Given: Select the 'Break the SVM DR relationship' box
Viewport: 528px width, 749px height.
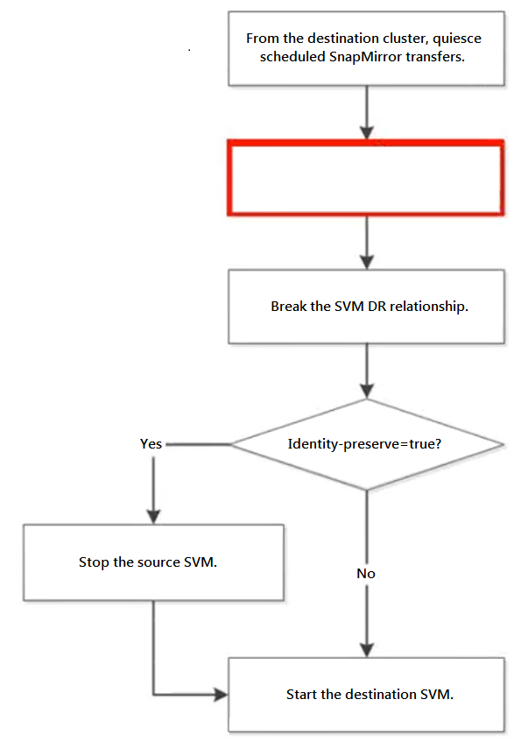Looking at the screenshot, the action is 366,307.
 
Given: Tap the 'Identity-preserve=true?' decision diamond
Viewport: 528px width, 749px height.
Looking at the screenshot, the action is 366,444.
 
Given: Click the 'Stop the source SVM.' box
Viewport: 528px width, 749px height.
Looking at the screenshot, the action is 154,562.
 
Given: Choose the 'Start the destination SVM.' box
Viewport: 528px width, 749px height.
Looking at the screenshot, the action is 366,695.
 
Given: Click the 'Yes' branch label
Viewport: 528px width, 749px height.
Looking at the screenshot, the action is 151,444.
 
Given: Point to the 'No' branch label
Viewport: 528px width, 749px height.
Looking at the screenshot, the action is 366,574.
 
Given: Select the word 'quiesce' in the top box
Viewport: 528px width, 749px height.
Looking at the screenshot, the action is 457,39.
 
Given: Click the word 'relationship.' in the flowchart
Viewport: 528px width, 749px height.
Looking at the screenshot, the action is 429,307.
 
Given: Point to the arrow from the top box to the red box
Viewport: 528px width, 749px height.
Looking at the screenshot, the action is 367,113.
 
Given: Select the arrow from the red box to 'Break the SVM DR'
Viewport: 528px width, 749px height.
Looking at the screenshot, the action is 367,244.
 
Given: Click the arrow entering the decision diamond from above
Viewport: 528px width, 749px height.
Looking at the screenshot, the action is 367,371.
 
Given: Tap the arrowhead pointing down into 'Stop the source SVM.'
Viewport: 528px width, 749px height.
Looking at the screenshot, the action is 154,517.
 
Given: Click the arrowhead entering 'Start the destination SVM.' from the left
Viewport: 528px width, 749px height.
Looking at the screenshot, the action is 221,695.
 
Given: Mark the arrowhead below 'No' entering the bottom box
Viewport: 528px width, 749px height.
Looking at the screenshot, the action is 367,650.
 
